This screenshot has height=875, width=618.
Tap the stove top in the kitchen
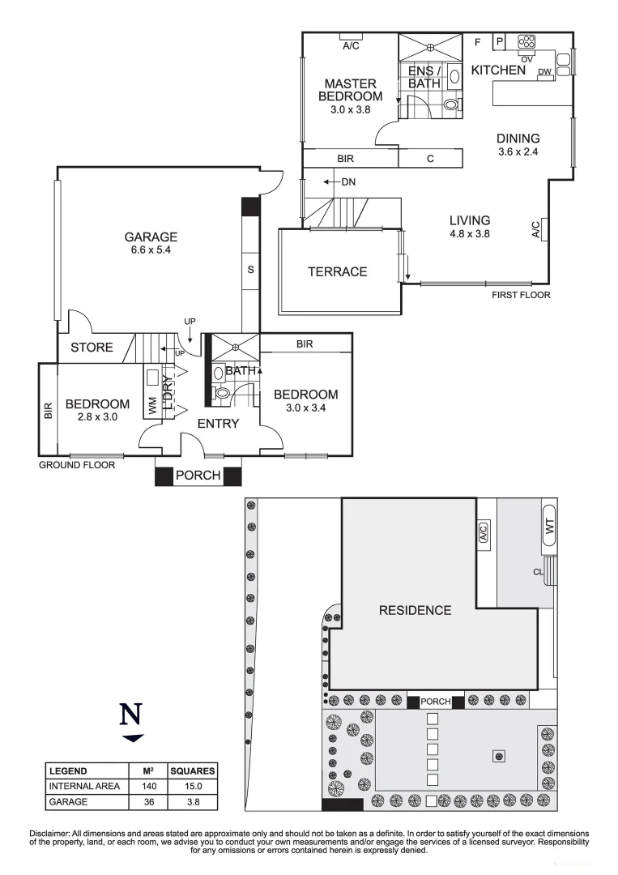point(527,42)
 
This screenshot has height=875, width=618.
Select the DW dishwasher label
point(545,72)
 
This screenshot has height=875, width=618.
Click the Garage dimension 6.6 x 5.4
point(151,250)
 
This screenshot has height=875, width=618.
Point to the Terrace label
point(337,272)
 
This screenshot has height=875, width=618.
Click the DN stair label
point(348,181)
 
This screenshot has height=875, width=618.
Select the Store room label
point(91,348)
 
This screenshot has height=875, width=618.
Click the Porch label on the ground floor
point(198,476)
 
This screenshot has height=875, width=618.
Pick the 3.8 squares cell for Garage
point(191,802)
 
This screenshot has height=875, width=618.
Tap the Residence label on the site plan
point(415,610)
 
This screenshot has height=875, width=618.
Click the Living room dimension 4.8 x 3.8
point(470,233)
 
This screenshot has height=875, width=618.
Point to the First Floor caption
point(521,295)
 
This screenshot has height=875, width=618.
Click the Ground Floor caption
point(78,466)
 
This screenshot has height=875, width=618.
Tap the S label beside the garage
point(250,270)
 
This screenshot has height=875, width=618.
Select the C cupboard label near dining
point(430,159)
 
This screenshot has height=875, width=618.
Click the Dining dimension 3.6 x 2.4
point(518,152)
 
